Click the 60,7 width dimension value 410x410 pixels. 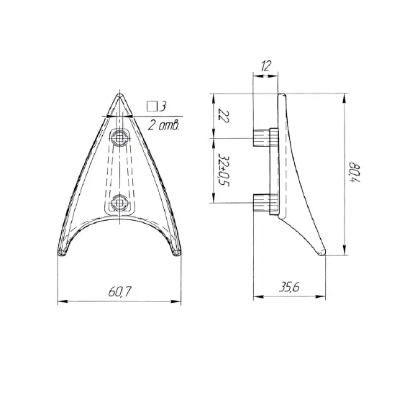tap(120, 291)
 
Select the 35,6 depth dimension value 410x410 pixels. tap(289, 288)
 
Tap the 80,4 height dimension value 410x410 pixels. tap(355, 173)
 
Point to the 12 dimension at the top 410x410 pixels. tap(266, 65)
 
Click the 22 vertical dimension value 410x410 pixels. tap(224, 117)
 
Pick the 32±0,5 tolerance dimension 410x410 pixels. tap(223, 170)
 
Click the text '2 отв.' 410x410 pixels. tap(164, 125)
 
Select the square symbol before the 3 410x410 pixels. tap(152, 106)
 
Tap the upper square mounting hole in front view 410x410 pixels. tap(120, 138)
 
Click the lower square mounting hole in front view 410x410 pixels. tap(119, 203)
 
